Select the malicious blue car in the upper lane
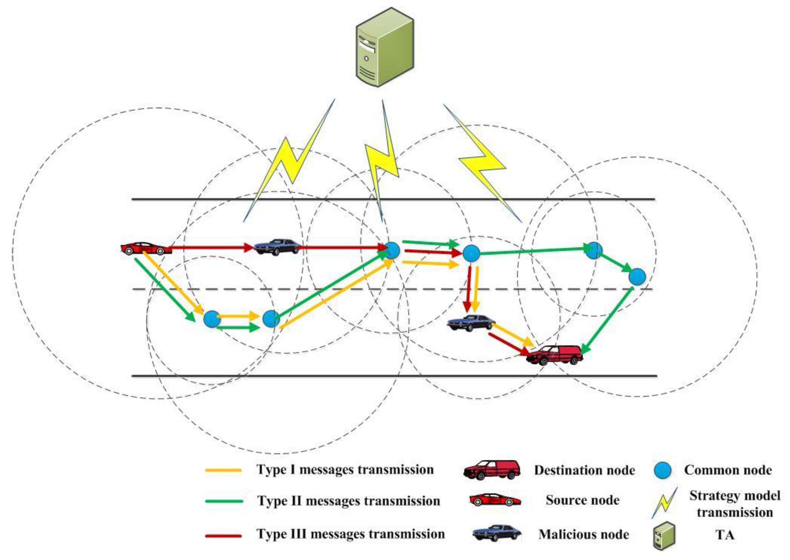coord(277,247)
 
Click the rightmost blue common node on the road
coord(637,277)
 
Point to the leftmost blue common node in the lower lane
coord(212,319)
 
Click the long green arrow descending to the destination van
coord(607,321)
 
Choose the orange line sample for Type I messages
coord(223,470)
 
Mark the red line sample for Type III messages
coord(223,535)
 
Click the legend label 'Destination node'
coord(584,470)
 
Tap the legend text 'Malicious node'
coord(583,534)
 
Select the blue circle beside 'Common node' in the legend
coord(663,470)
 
